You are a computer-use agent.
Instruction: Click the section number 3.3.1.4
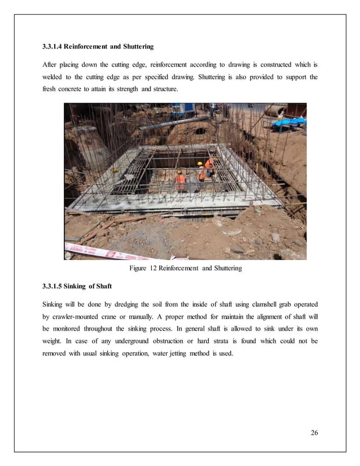pos(57,45)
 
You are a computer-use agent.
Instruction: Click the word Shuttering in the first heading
pos(134,45)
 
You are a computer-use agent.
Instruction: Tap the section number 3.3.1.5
pos(57,286)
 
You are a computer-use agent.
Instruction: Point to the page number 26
pos(314,433)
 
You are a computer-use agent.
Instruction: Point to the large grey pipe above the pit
pos(169,122)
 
